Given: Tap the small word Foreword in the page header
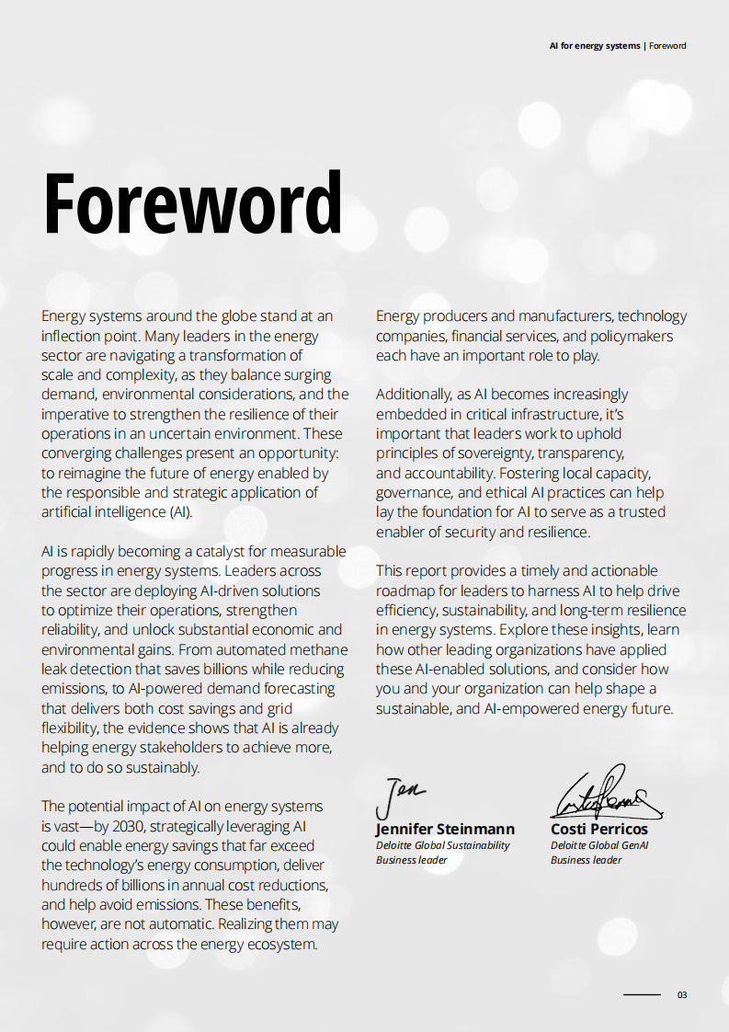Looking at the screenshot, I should [x=667, y=46].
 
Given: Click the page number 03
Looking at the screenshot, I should [x=682, y=994].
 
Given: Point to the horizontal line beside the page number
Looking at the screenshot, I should [x=642, y=994].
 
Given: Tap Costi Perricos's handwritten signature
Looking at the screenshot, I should [x=605, y=793].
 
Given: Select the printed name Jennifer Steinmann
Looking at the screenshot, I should [x=445, y=830].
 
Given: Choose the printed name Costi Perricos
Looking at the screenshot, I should [x=598, y=830].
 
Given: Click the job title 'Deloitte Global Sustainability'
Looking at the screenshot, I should [x=442, y=845].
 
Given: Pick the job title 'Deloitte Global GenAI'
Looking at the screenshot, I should [x=598, y=845].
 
